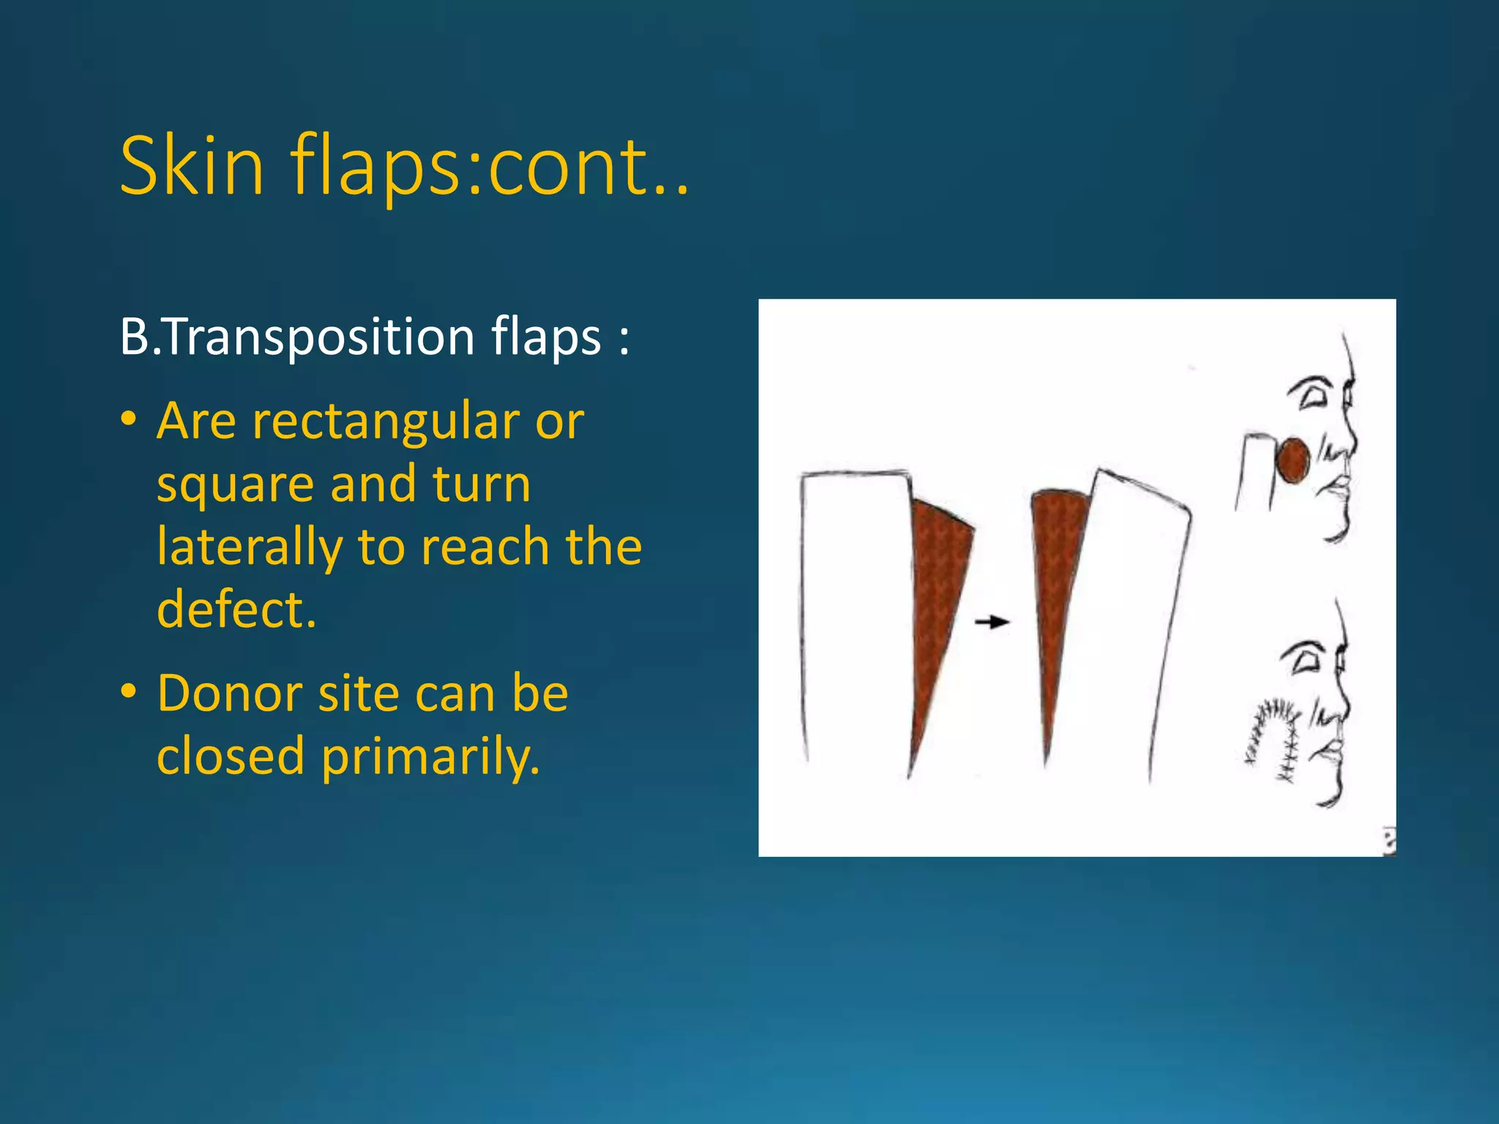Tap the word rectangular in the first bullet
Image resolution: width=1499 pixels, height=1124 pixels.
[x=386, y=421]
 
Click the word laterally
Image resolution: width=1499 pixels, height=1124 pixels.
[x=249, y=547]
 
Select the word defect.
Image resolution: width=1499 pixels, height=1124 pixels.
[x=236, y=610]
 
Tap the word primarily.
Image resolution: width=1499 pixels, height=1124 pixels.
[x=431, y=755]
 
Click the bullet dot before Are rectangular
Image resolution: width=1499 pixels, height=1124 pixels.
[x=130, y=419]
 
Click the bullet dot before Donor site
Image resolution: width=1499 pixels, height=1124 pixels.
[x=130, y=691]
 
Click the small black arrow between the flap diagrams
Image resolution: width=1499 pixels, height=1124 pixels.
[x=992, y=622]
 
